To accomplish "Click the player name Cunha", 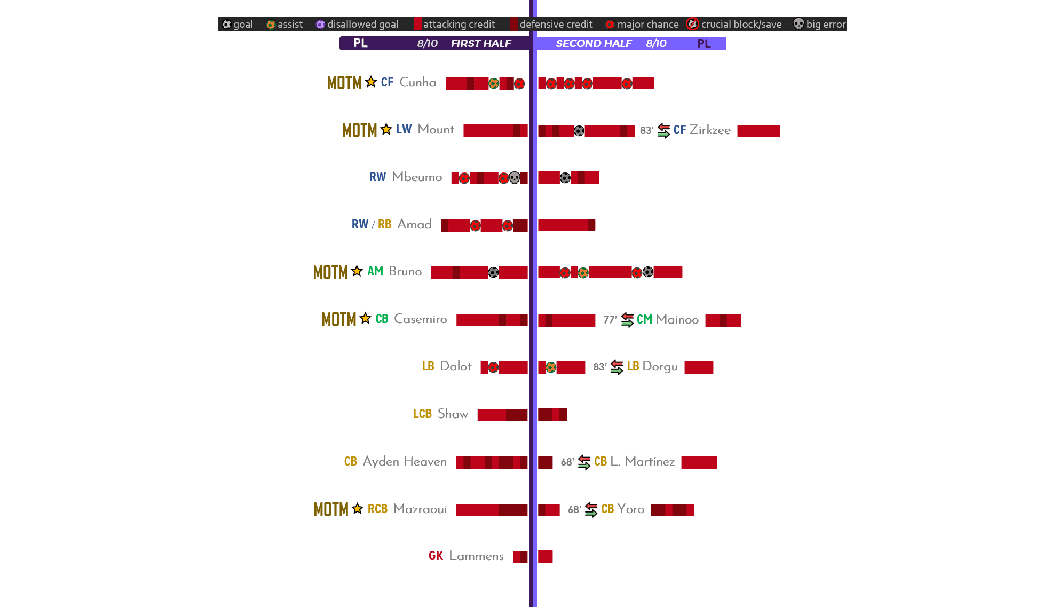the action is pyautogui.click(x=417, y=82).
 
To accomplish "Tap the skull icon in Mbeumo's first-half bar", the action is pyautogui.click(x=515, y=178).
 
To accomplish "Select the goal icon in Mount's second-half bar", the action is pyautogui.click(x=579, y=131).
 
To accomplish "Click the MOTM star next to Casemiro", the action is pyautogui.click(x=365, y=319).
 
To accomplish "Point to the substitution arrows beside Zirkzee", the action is pyautogui.click(x=663, y=130).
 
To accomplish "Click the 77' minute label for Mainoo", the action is pyautogui.click(x=610, y=320).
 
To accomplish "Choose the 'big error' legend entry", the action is pyautogui.click(x=819, y=24).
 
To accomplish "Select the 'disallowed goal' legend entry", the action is pyautogui.click(x=357, y=24).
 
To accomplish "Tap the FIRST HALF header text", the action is pyautogui.click(x=481, y=43).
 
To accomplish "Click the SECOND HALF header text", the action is pyautogui.click(x=594, y=43).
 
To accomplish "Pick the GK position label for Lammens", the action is pyautogui.click(x=436, y=556).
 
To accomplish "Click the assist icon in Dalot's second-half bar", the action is pyautogui.click(x=551, y=367).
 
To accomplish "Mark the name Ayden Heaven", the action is pyautogui.click(x=405, y=461).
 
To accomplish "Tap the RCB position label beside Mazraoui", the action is pyautogui.click(x=377, y=509).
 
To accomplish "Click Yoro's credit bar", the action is pyautogui.click(x=673, y=510).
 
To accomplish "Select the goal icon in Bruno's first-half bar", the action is pyautogui.click(x=493, y=273).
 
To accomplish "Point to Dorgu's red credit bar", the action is pyautogui.click(x=699, y=367).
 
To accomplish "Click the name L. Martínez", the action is pyautogui.click(x=642, y=461).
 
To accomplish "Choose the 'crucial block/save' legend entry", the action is pyautogui.click(x=734, y=24).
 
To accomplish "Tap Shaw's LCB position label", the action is pyautogui.click(x=422, y=414).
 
